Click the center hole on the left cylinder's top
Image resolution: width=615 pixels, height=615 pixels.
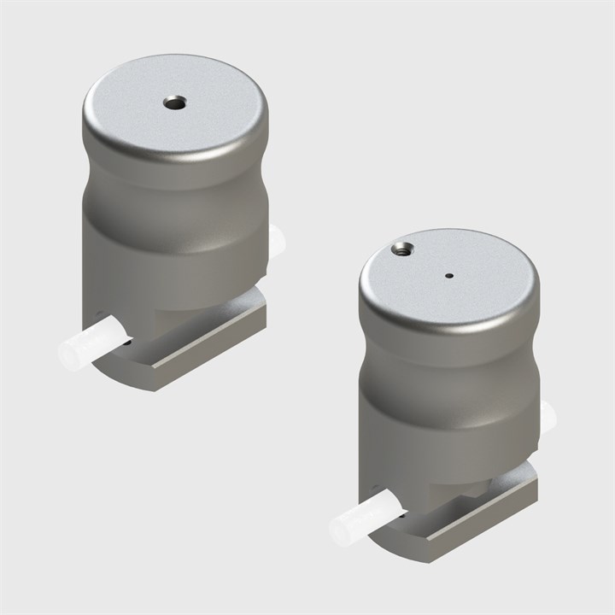[174, 103]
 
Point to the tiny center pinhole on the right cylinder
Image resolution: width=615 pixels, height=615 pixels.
[449, 275]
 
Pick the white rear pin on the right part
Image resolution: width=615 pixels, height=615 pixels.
[547, 416]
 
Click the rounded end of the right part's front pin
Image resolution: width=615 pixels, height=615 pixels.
[337, 531]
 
